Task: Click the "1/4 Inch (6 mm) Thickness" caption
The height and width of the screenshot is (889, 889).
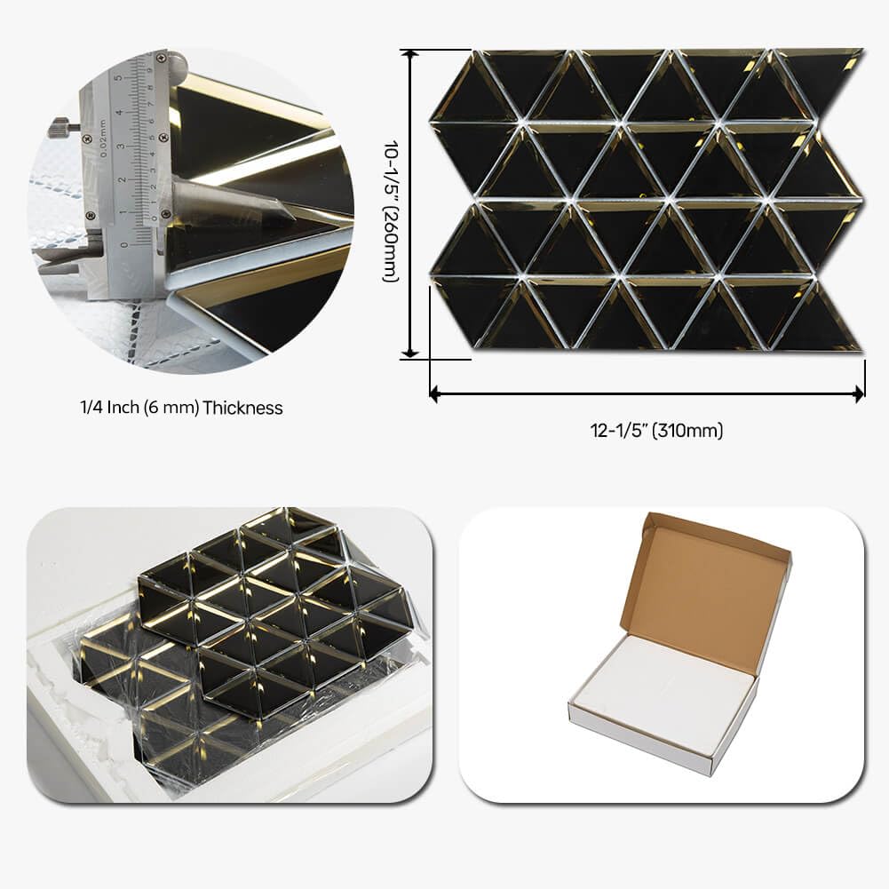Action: (x=181, y=408)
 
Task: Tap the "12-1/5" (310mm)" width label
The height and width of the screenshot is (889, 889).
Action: (x=656, y=431)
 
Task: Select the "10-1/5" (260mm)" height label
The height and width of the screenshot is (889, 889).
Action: (x=391, y=210)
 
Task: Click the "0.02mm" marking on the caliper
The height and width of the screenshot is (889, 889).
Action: (x=102, y=139)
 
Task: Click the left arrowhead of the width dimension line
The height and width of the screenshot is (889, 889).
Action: (x=435, y=393)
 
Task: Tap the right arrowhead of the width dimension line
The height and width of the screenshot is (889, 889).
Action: (x=860, y=393)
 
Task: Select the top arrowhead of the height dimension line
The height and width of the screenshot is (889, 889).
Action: (x=410, y=54)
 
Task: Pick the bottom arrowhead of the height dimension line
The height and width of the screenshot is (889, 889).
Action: (x=410, y=353)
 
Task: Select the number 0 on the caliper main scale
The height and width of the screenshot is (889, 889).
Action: (x=124, y=245)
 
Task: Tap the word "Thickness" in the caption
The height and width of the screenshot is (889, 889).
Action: (x=242, y=408)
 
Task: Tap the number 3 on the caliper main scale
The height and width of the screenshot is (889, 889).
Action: (x=120, y=147)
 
